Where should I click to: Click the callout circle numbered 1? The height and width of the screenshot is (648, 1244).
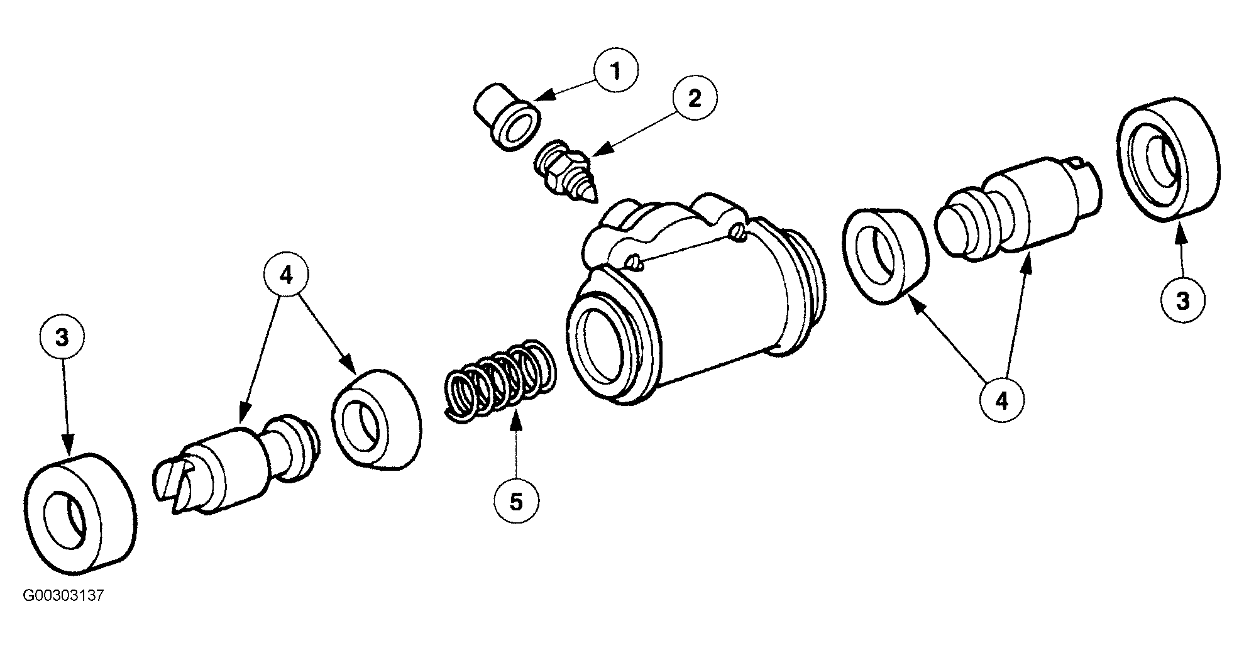point(615,71)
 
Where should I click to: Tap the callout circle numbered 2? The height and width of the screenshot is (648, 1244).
point(695,99)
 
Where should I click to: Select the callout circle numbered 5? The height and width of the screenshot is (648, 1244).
point(516,502)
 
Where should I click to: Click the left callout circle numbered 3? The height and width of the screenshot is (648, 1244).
point(62,339)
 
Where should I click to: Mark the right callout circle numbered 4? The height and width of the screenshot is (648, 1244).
point(1002,400)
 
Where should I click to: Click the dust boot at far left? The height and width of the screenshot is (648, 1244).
point(80,513)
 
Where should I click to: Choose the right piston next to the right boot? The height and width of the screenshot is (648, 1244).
point(1018,202)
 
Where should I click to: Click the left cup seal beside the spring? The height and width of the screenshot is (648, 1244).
point(377,419)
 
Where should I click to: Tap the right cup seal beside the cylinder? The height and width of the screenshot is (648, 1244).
point(886,256)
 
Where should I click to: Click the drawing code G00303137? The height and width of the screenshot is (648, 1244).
point(63,596)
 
